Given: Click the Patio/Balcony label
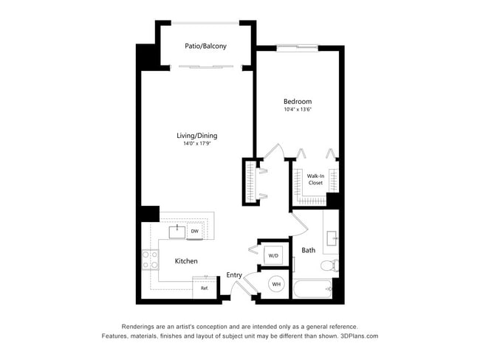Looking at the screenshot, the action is tap(205, 46).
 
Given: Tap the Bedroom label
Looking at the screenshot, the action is tap(298, 102).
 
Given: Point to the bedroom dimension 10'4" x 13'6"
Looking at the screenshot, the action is tap(298, 109).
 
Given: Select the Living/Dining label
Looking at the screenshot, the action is tap(197, 136).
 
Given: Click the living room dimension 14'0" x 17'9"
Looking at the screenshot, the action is tap(197, 143).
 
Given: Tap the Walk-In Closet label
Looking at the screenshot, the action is tap(315, 179).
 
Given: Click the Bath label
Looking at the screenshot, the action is tap(308, 250).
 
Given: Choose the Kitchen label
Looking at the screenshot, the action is tap(186, 261).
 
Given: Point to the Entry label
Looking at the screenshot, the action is tap(234, 275).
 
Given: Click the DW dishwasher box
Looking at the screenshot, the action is tap(195, 232).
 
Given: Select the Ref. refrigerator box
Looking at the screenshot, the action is tap(205, 288).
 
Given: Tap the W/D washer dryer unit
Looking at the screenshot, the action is tap(273, 255).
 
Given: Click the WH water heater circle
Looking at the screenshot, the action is tap(276, 285).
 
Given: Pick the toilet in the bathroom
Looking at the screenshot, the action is tap(329, 265).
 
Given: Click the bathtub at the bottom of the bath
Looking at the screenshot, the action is tap(312, 288).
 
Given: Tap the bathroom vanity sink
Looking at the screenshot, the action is tap(332, 238).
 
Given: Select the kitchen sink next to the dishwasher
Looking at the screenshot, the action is tap(177, 232).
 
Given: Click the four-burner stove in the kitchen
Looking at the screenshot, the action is tap(151, 260).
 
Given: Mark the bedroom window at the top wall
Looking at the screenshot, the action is tap(298, 48).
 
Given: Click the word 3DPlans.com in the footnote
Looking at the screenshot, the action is tap(360, 336).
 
